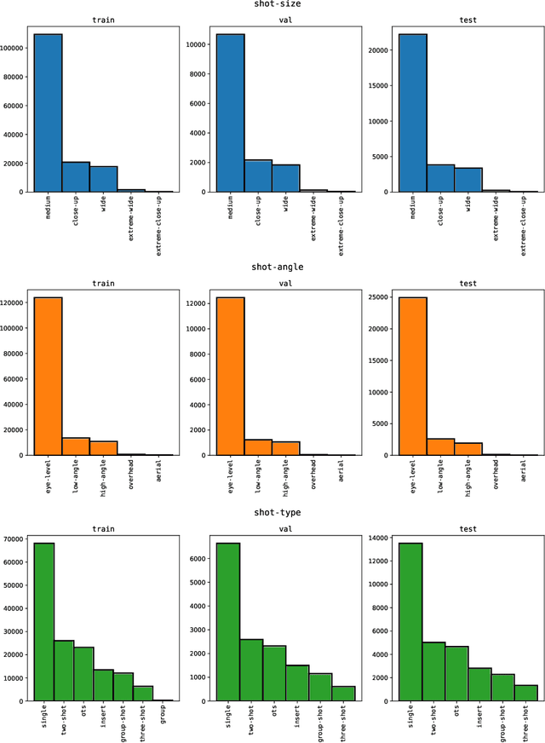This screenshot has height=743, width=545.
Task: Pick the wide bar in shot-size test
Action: tap(468, 180)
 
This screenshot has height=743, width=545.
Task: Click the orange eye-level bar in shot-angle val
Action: tap(230, 376)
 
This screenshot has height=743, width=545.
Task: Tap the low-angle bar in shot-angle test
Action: tap(440, 446)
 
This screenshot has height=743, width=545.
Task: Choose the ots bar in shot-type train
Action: tap(83, 673)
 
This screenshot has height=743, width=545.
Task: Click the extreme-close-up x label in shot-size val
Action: tap(341, 220)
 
